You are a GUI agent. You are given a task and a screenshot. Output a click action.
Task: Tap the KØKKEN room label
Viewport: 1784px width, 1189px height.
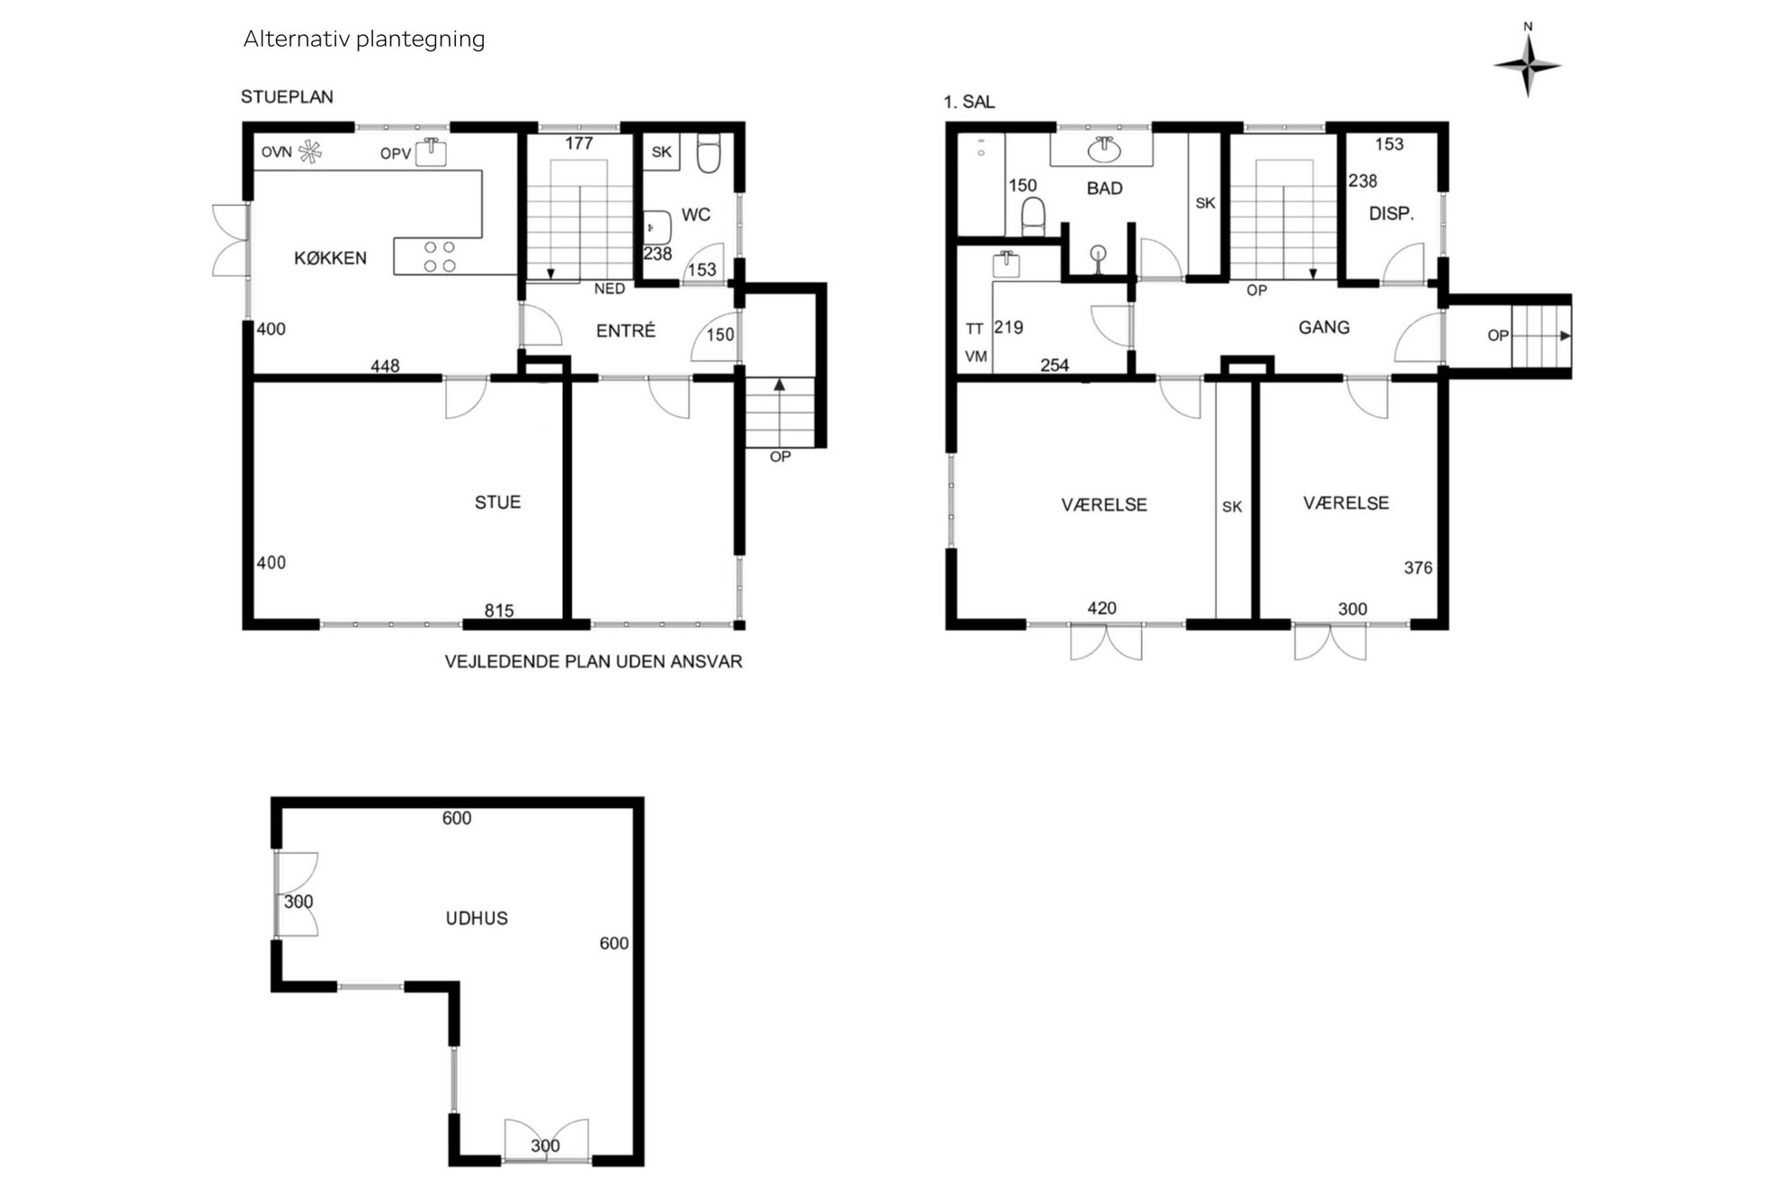330,258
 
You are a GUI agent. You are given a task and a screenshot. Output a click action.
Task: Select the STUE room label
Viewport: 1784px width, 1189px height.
497,502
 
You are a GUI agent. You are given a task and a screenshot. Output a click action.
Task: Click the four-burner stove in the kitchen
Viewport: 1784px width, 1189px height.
440,256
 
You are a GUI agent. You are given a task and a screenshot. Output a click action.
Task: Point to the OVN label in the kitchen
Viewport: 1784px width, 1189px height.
277,152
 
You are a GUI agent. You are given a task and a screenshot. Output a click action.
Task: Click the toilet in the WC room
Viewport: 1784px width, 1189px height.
709,154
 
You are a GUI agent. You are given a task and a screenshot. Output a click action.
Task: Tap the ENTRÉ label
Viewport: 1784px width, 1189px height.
626,331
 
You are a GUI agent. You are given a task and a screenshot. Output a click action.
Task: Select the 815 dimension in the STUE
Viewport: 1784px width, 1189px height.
499,611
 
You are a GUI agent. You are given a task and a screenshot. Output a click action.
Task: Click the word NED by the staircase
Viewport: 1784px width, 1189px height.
610,288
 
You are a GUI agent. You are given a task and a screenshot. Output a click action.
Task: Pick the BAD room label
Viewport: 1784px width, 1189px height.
1104,189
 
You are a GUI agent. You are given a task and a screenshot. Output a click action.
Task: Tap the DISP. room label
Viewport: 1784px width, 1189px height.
1391,214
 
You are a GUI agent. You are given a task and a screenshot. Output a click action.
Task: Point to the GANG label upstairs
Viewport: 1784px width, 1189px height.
1324,327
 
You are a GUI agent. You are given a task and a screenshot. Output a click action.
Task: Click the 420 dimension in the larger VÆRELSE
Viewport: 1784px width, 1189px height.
1102,608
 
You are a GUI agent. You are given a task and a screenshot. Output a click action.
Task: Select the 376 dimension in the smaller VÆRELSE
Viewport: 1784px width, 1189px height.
1418,568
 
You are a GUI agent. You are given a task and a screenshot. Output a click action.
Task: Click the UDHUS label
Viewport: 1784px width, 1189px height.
477,918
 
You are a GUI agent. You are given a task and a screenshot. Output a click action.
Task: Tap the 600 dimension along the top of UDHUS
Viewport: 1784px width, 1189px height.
457,818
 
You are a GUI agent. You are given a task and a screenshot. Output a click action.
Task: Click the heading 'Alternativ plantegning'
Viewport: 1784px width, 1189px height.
364,40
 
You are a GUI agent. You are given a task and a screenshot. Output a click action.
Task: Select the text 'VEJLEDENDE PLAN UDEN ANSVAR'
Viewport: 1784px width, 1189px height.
593,661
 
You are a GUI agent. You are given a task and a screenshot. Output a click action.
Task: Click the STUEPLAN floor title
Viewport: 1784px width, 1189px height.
287,97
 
